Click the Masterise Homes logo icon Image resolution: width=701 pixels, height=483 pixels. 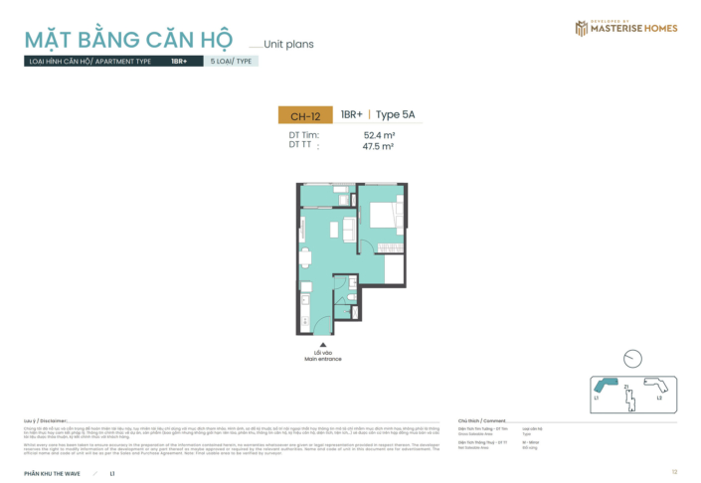pyautogui.click(x=581, y=28)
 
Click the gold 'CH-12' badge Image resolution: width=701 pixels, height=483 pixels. pyautogui.click(x=305, y=115)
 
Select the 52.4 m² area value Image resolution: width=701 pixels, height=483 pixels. pyautogui.click(x=379, y=135)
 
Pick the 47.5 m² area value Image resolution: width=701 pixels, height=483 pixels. pyautogui.click(x=379, y=146)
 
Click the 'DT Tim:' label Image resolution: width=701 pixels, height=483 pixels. pyautogui.click(x=303, y=135)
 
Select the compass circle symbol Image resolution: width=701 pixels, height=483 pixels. pyautogui.click(x=632, y=359)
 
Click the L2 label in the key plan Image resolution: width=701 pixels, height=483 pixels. pyautogui.click(x=659, y=398)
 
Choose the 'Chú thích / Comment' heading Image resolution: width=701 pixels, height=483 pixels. pyautogui.click(x=481, y=420)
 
